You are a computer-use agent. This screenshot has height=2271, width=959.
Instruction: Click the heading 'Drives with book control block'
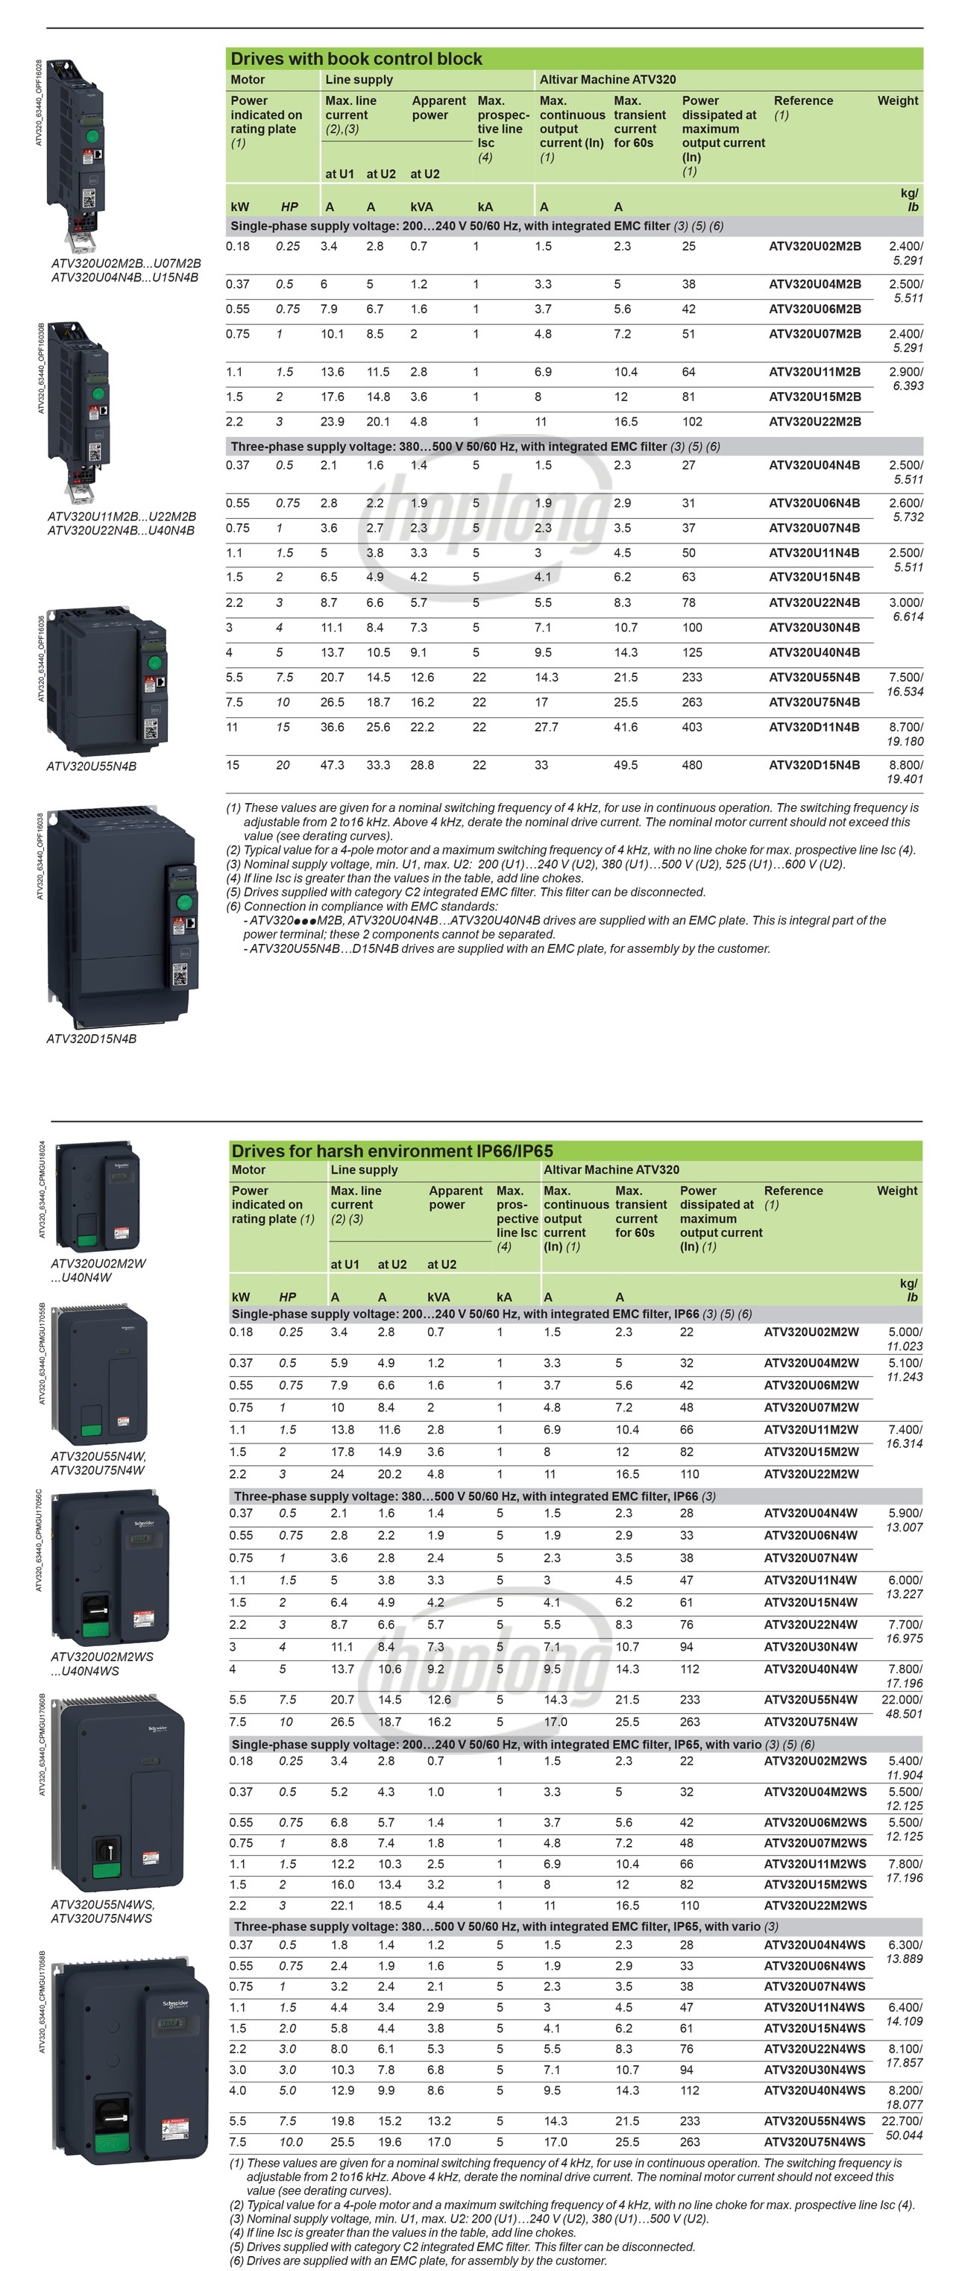tap(356, 59)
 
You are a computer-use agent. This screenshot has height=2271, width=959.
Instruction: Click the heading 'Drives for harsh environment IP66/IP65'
tap(392, 1150)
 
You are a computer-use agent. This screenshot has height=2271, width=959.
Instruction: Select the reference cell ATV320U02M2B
tap(814, 246)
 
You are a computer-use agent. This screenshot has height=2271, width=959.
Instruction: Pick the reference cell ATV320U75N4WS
tap(814, 2141)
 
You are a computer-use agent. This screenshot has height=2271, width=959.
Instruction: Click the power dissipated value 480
tap(692, 765)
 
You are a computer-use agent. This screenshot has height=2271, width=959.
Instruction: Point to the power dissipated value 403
tap(692, 728)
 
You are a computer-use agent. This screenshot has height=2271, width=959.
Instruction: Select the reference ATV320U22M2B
tap(814, 421)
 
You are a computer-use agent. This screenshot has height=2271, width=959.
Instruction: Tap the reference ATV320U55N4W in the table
tap(810, 1700)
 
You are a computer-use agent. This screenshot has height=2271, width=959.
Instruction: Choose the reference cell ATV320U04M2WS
tap(814, 1792)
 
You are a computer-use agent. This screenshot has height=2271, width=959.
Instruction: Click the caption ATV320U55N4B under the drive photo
tap(92, 766)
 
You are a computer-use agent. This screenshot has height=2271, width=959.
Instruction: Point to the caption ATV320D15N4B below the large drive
tap(92, 1039)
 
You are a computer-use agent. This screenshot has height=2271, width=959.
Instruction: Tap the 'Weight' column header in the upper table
tap(897, 101)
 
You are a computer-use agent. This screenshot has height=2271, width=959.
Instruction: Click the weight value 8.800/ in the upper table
tap(905, 765)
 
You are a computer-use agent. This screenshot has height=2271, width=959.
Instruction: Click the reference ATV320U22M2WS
tap(814, 1905)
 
